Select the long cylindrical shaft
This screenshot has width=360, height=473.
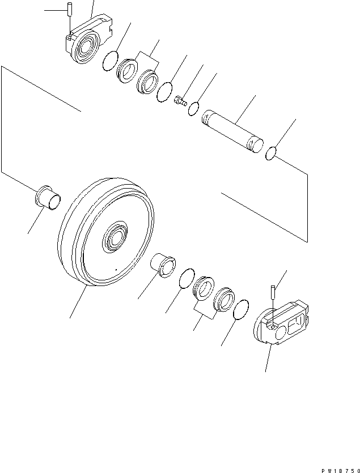tap(232, 131)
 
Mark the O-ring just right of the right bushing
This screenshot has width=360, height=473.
tap(185, 278)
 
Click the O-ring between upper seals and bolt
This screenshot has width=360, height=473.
tap(165, 92)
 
